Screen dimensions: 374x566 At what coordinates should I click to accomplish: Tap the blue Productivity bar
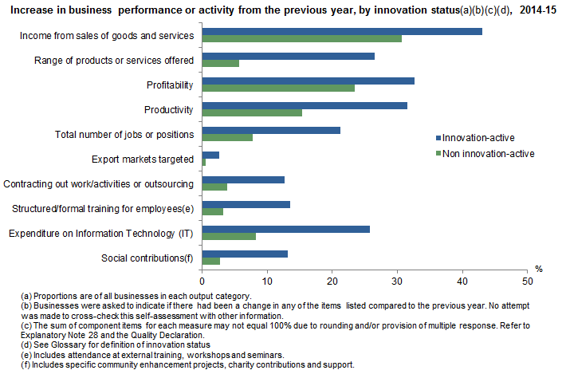[305, 105]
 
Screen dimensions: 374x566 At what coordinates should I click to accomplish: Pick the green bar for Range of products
[221, 63]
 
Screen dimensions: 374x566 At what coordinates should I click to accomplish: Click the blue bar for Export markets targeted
[210, 155]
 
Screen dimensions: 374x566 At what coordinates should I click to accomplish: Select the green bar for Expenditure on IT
[229, 236]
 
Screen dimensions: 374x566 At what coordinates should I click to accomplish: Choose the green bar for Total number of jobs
[227, 137]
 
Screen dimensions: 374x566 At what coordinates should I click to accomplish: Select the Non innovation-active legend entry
[488, 153]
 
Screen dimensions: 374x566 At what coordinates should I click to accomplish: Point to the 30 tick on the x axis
[397, 281]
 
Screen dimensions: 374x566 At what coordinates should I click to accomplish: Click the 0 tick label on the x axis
[202, 281]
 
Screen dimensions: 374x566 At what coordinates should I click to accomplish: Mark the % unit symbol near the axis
[539, 270]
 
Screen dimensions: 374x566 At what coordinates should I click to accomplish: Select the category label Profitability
[170, 83]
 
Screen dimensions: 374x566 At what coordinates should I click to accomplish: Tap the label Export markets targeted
[143, 159]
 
